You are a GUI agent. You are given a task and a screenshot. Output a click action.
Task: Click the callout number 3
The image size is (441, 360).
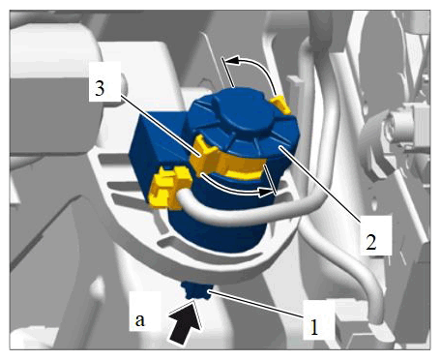click(100, 88)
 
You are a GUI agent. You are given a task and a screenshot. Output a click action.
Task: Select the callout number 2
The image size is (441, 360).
click(371, 242)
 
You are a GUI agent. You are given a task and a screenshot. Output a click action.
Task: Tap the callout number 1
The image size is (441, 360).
click(314, 327)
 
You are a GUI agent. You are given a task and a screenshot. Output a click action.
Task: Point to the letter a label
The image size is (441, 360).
click(139, 320)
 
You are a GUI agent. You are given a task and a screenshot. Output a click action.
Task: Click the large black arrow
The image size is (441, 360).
click(184, 322)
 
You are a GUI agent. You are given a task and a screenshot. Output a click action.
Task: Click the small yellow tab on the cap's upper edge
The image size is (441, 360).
click(280, 104)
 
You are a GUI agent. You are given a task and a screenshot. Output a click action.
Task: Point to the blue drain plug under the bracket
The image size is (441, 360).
click(196, 289)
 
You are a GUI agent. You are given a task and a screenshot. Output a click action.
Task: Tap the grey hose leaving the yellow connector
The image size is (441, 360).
click(251, 211)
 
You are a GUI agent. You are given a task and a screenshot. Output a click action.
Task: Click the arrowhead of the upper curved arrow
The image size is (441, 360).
click(231, 60)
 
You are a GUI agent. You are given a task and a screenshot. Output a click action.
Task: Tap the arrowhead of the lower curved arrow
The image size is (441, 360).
click(267, 193)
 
